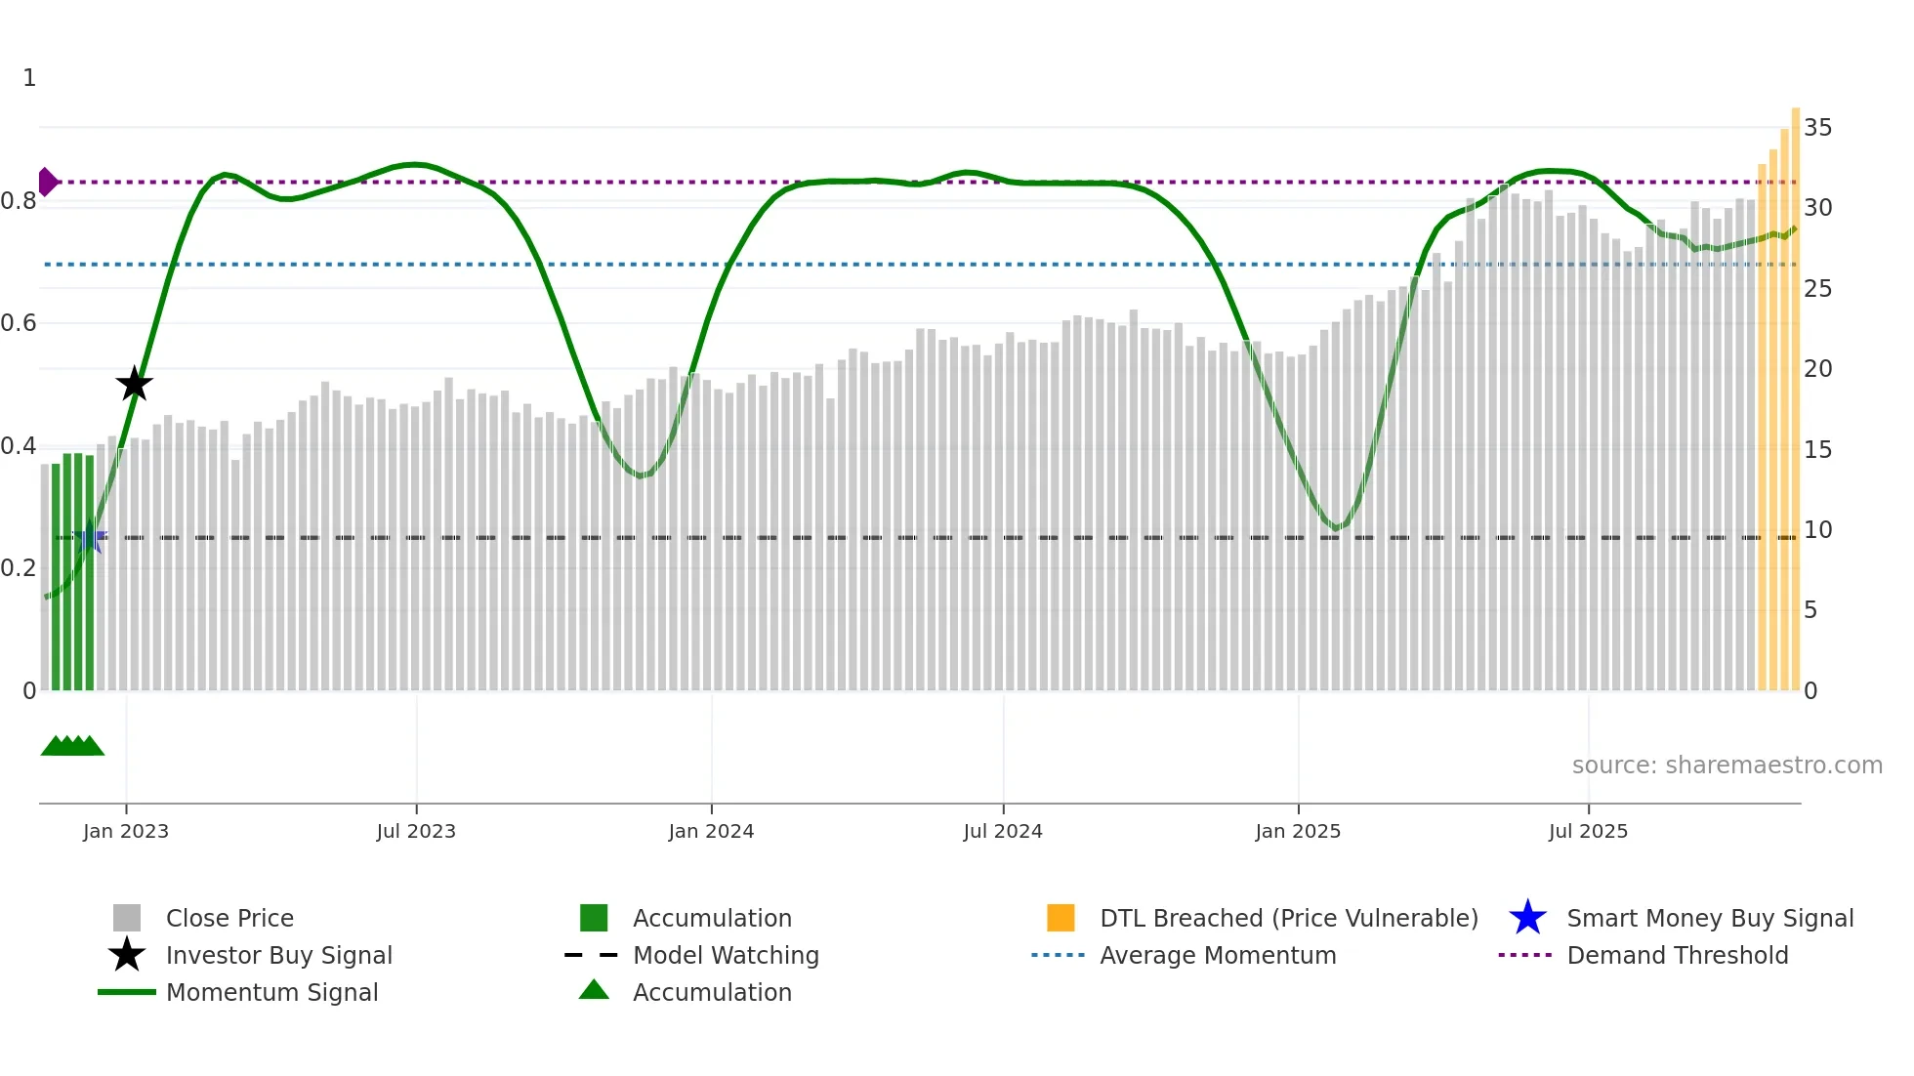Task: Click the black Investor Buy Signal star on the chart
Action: [135, 384]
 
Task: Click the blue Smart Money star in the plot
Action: [91, 537]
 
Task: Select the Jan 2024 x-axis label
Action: [711, 831]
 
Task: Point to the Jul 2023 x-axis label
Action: [416, 831]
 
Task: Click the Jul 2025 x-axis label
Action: [1588, 831]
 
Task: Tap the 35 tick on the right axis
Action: [1817, 128]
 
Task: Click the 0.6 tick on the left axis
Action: [19, 323]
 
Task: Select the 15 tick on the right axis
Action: [1817, 450]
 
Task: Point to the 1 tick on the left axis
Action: [29, 78]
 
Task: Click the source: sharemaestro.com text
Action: [1727, 766]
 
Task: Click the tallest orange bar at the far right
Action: [1795, 391]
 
